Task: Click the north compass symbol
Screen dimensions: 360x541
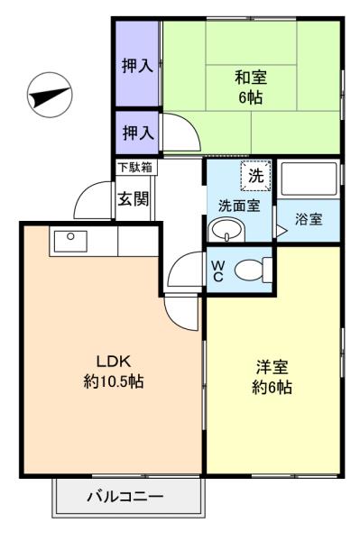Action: pyautogui.click(x=50, y=95)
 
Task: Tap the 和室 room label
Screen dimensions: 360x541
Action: pyautogui.click(x=251, y=78)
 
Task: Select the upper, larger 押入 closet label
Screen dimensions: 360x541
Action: pyautogui.click(x=137, y=66)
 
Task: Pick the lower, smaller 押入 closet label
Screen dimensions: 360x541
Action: pyautogui.click(x=138, y=133)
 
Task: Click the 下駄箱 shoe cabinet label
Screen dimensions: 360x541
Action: pyautogui.click(x=135, y=168)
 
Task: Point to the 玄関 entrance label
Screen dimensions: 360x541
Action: pyautogui.click(x=134, y=198)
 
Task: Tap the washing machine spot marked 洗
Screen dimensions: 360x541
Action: pyautogui.click(x=255, y=176)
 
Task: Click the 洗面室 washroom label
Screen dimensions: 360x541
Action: pyautogui.click(x=239, y=206)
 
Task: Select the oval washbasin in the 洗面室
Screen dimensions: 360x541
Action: pyautogui.click(x=226, y=229)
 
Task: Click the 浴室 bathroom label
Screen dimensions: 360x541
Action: pyautogui.click(x=309, y=219)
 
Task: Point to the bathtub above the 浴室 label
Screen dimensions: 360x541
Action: pyautogui.click(x=309, y=179)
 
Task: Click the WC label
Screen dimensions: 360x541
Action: pyautogui.click(x=217, y=271)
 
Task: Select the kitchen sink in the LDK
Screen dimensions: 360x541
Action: pyautogui.click(x=70, y=241)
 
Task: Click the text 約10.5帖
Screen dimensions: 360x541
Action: pyautogui.click(x=114, y=381)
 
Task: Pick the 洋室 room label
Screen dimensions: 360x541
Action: pyautogui.click(x=272, y=368)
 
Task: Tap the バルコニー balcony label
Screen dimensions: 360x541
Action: pyautogui.click(x=125, y=497)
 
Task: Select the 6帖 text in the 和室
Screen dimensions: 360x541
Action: pyautogui.click(x=251, y=97)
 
